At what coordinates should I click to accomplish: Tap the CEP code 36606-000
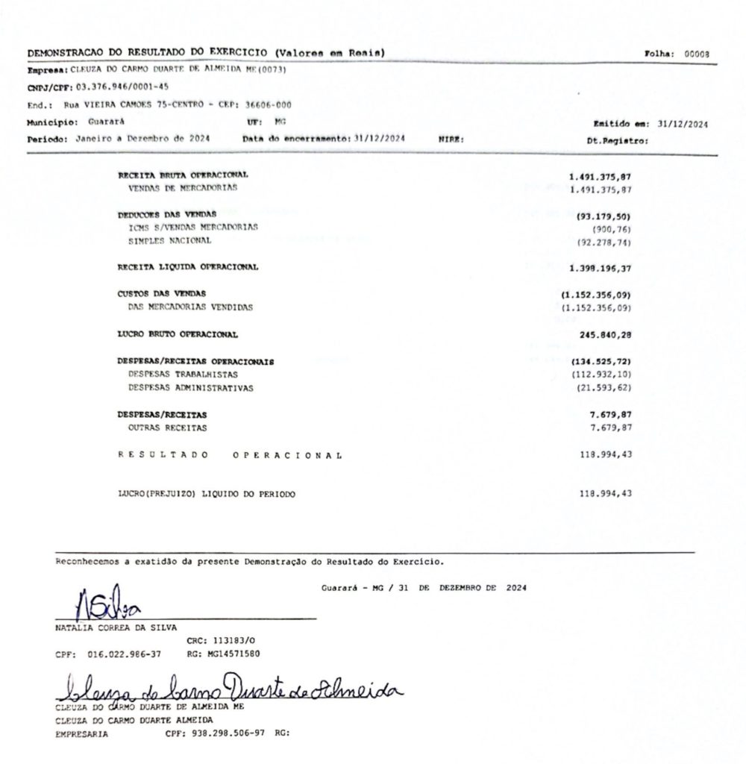[x=268, y=105]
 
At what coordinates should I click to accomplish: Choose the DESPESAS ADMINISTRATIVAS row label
[x=191, y=388]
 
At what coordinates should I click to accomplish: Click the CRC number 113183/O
[x=222, y=640]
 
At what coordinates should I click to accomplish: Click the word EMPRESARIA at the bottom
[x=81, y=733]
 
